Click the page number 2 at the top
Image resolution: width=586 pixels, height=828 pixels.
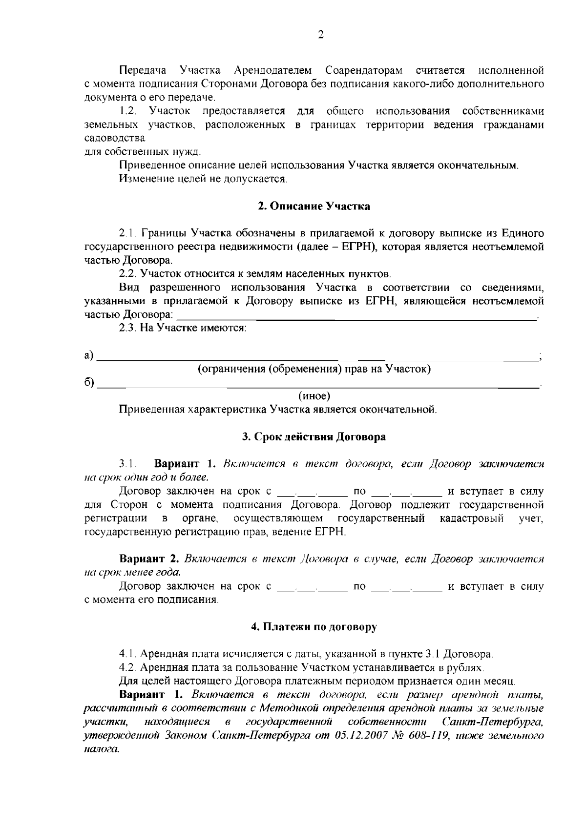click(320, 35)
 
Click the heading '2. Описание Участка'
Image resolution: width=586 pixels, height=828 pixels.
click(314, 206)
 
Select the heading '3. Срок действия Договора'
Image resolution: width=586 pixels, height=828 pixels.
click(314, 436)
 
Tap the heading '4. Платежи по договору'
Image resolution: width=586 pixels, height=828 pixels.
click(314, 627)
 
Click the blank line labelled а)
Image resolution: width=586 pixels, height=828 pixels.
click(317, 358)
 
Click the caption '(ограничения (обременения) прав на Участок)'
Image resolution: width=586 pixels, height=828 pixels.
click(314, 369)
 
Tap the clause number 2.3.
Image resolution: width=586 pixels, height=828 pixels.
click(128, 328)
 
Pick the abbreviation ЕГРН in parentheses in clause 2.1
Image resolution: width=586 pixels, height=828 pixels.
click(359, 247)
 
